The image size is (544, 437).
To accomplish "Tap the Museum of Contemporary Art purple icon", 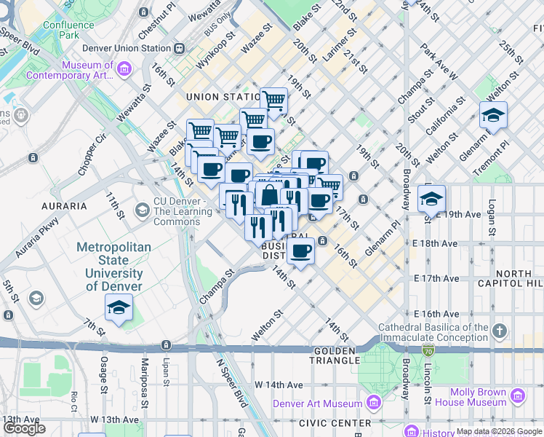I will (x=124, y=69).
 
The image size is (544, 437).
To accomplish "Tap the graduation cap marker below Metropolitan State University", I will (x=119, y=308).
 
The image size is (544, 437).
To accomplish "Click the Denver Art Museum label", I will (x=317, y=403).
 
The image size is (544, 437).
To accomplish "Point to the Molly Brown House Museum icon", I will (x=519, y=395).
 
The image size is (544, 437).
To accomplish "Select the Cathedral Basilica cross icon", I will (x=499, y=332).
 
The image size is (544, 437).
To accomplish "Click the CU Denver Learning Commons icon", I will (x=142, y=211).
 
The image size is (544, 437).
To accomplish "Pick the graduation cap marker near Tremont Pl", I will (x=493, y=115).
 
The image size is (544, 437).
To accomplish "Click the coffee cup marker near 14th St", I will (x=300, y=251).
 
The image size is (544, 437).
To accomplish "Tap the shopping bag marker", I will (x=268, y=195).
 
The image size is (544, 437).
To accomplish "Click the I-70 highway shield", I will (x=427, y=351).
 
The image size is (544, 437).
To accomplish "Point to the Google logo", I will (x=24, y=428).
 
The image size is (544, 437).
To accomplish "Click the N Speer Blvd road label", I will (x=232, y=385).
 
